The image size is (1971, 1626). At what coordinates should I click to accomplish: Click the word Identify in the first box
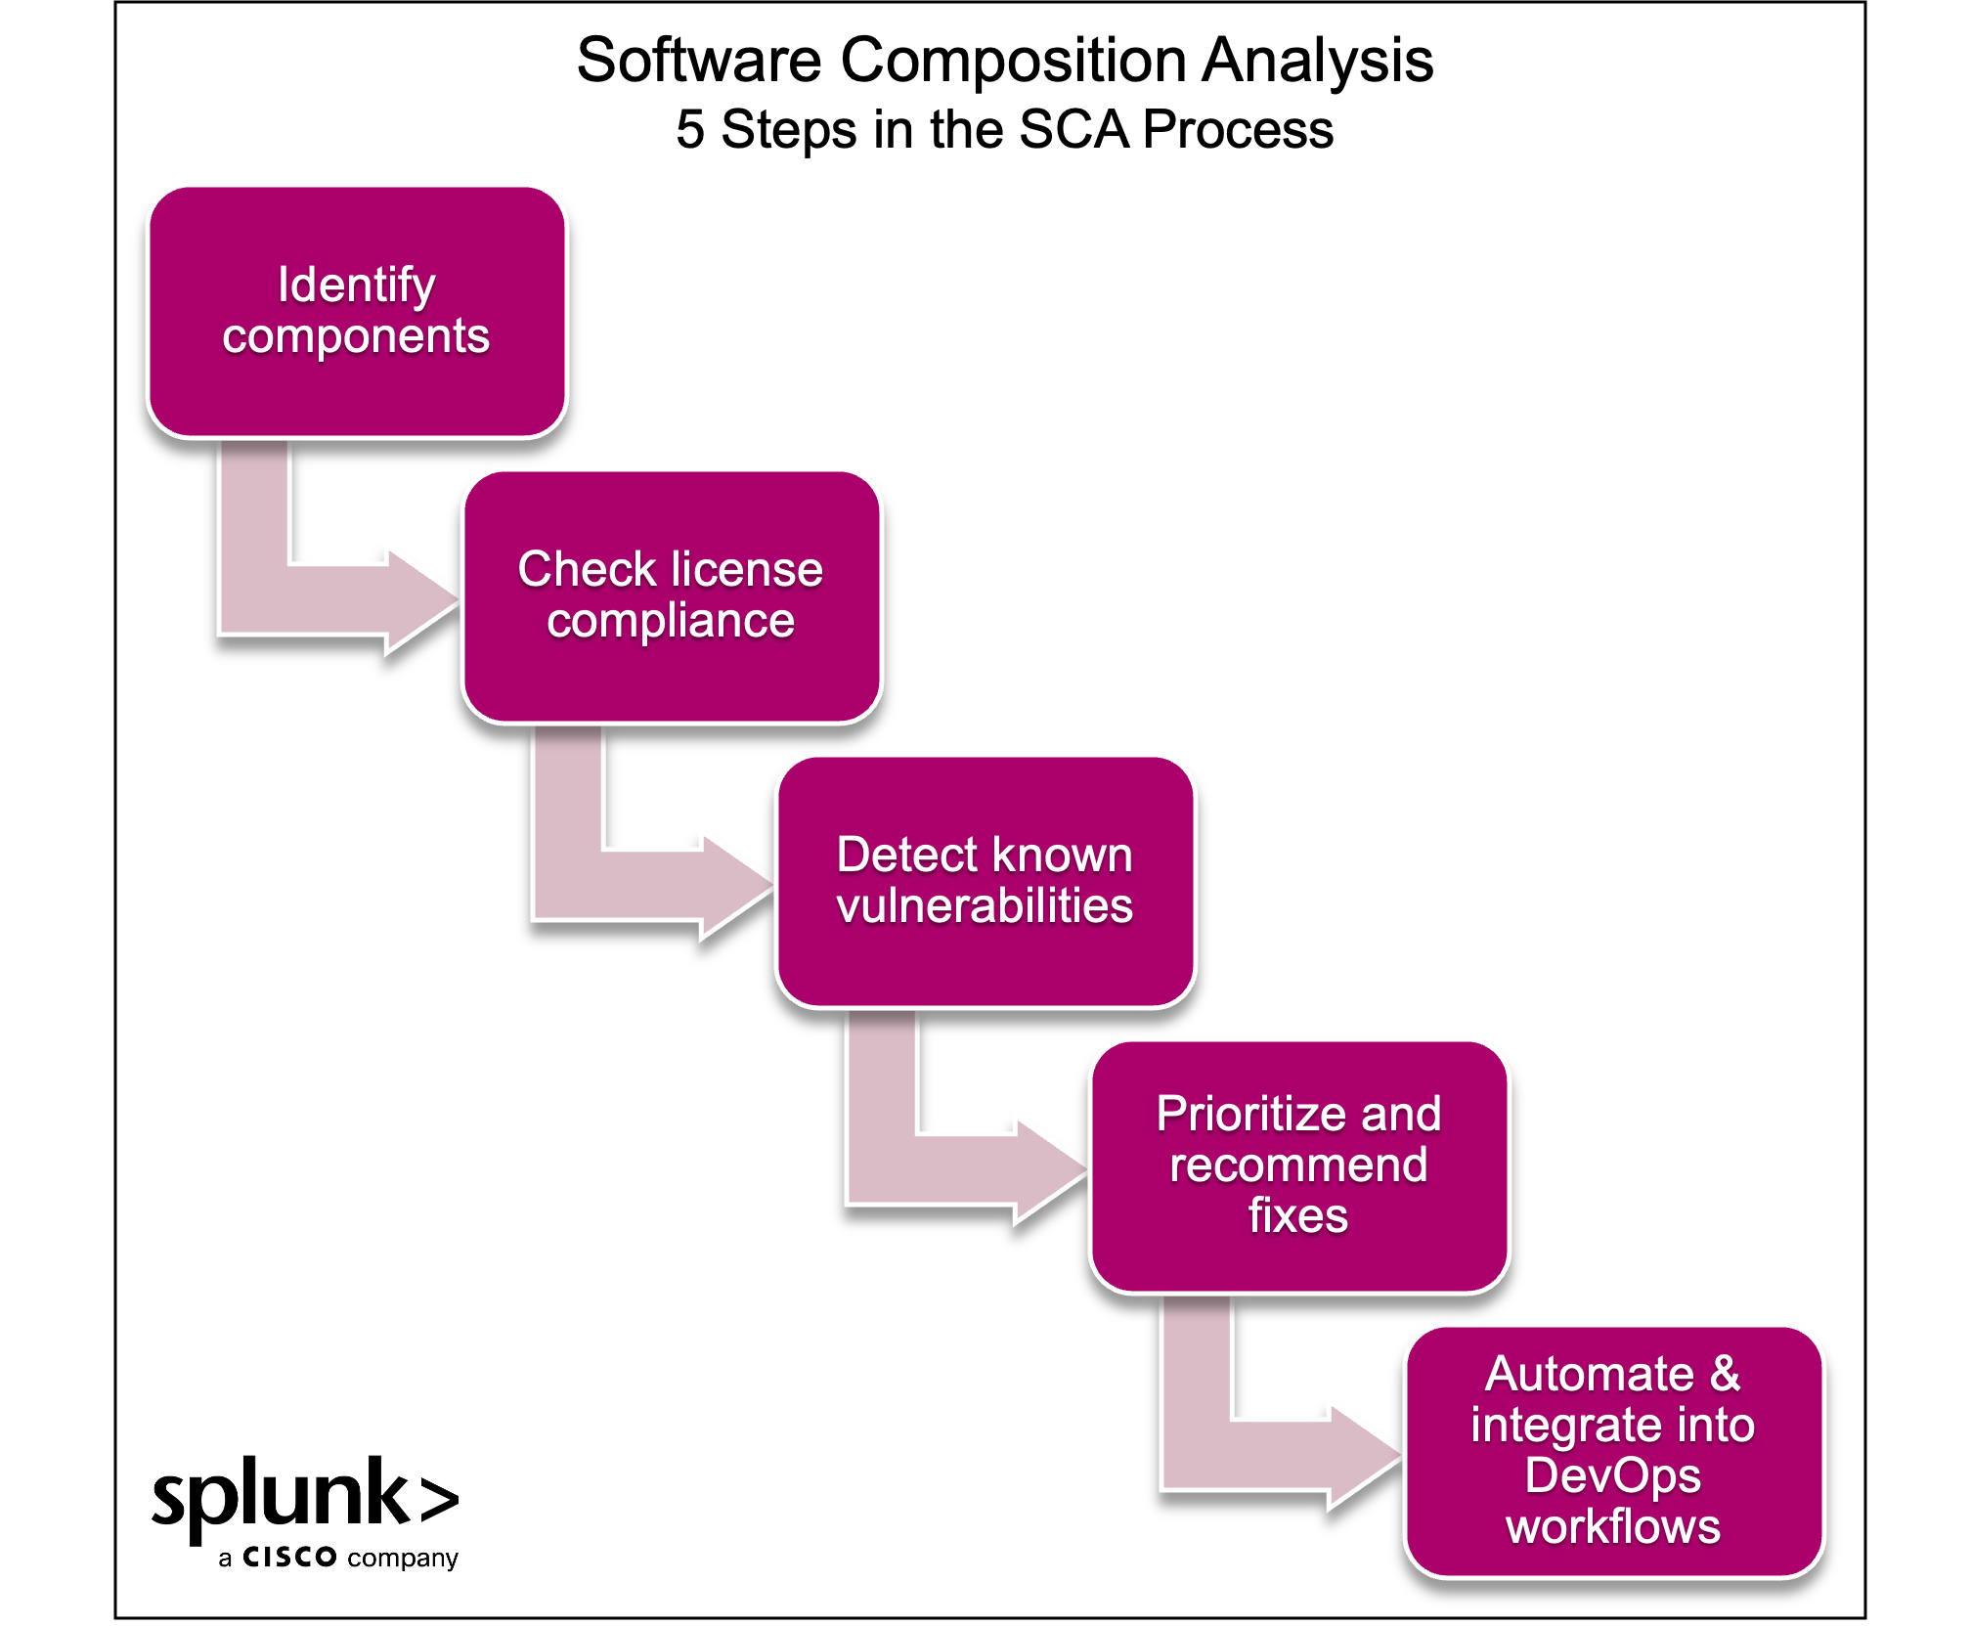point(356,286)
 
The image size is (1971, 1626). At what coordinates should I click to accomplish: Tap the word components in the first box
point(356,337)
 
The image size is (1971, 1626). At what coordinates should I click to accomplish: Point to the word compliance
point(671,622)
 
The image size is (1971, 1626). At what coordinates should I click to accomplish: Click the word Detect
point(906,855)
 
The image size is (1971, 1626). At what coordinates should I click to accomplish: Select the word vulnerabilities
point(985,906)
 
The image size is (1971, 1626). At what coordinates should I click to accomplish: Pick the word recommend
point(1298,1165)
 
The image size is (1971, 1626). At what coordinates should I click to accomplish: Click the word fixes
point(1298,1216)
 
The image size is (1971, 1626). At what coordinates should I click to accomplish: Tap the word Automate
point(1589,1374)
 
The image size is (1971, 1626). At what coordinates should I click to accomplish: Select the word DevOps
point(1613,1475)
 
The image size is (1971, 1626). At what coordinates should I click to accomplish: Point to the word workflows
point(1613,1527)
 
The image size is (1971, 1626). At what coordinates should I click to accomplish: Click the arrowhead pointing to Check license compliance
point(421,598)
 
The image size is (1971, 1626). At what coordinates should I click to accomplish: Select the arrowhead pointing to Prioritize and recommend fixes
point(1049,1168)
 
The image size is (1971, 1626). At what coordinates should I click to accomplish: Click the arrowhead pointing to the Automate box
point(1364,1455)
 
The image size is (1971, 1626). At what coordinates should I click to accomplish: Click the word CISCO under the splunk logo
point(290,1557)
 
